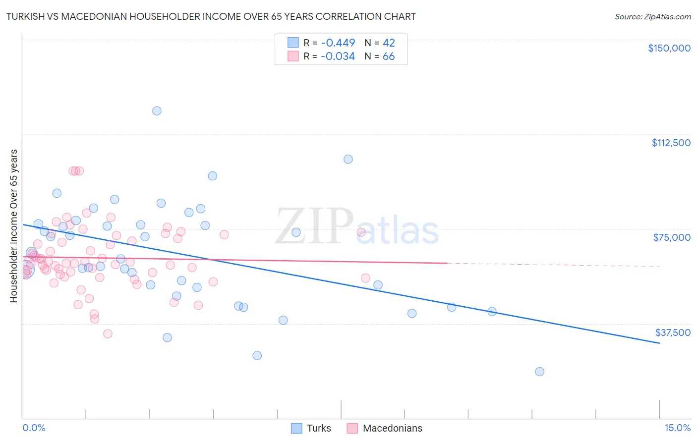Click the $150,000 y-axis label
pos(669,48)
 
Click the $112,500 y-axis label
pos(671,143)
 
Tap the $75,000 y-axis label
pos(672,237)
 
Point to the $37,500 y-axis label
pos(673,332)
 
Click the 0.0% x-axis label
pos(34,428)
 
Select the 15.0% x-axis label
pos(677,428)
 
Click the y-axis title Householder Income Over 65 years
pos(14,225)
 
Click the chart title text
pos(210,16)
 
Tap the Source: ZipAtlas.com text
pos(652,16)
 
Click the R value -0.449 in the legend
pos(338,43)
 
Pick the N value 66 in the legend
pos(389,56)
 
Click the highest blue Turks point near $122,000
pos(157,111)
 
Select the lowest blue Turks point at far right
pos(540,372)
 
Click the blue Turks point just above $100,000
pos(348,159)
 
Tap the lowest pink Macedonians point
pos(108,334)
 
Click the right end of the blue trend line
pos(659,343)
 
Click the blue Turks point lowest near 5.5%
pos(257,355)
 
